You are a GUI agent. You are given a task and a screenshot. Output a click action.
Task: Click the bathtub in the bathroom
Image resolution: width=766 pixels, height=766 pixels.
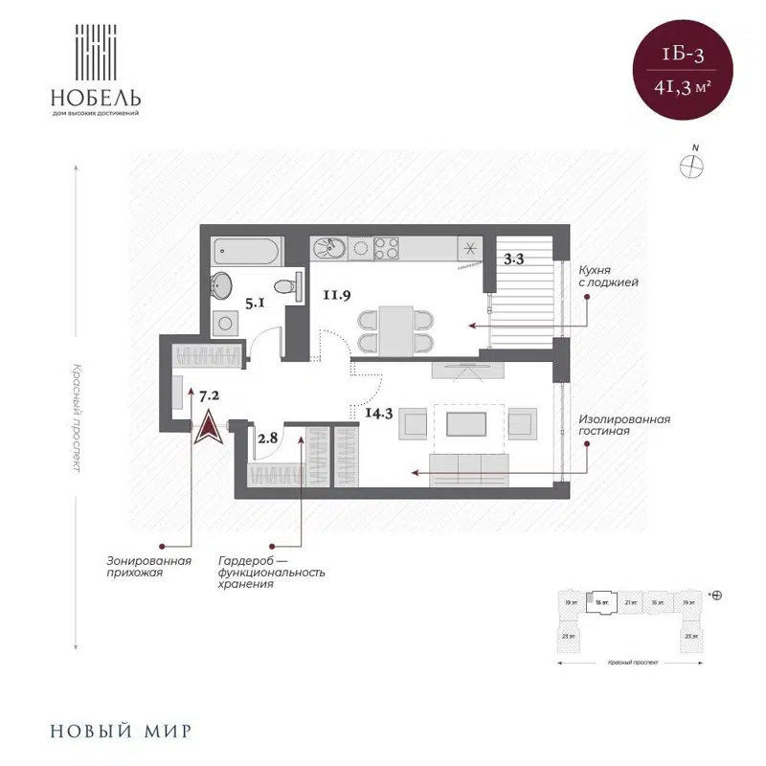tap(246, 253)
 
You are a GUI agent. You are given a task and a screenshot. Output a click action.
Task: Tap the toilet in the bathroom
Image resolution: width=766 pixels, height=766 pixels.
tap(284, 285)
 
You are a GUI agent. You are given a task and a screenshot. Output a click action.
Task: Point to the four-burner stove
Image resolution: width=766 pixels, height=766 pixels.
tap(387, 248)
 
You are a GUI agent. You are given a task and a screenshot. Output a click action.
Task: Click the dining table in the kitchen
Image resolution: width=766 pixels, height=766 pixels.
tap(394, 327)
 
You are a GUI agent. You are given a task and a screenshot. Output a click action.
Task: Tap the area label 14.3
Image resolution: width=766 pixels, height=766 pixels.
tap(380, 414)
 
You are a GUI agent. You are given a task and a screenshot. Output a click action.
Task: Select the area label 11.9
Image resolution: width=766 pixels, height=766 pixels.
tap(335, 294)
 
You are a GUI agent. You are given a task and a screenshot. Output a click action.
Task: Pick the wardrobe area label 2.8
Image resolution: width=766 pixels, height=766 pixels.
tap(267, 438)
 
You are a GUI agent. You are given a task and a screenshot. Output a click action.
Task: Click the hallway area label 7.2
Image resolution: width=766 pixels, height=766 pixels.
tap(211, 394)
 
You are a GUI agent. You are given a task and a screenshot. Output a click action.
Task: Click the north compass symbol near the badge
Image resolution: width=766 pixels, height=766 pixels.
tap(691, 165)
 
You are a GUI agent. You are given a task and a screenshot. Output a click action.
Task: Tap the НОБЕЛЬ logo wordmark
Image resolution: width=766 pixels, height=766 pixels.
tap(97, 98)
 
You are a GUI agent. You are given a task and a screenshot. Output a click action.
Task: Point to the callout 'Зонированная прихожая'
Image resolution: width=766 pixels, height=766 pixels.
tap(149, 566)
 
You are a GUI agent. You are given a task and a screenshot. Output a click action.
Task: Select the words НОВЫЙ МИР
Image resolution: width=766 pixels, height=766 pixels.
tap(120, 732)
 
